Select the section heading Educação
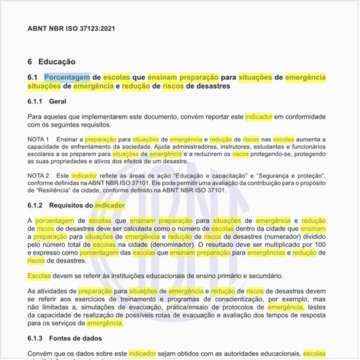[x=56, y=62]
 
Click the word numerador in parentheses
[x=287, y=230]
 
